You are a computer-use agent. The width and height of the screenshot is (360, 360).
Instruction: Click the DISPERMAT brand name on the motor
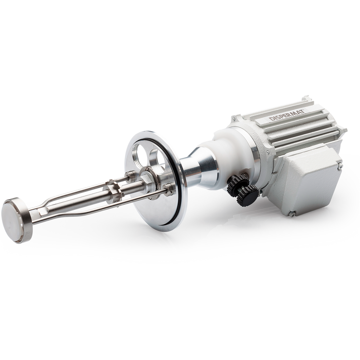pyautogui.click(x=287, y=115)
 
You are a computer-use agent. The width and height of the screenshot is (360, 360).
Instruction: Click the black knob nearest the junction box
pyautogui.click(x=247, y=196)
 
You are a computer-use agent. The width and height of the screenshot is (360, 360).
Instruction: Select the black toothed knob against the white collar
pyautogui.click(x=237, y=185)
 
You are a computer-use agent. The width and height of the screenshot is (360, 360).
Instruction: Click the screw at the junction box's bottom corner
pyautogui.click(x=292, y=214)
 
